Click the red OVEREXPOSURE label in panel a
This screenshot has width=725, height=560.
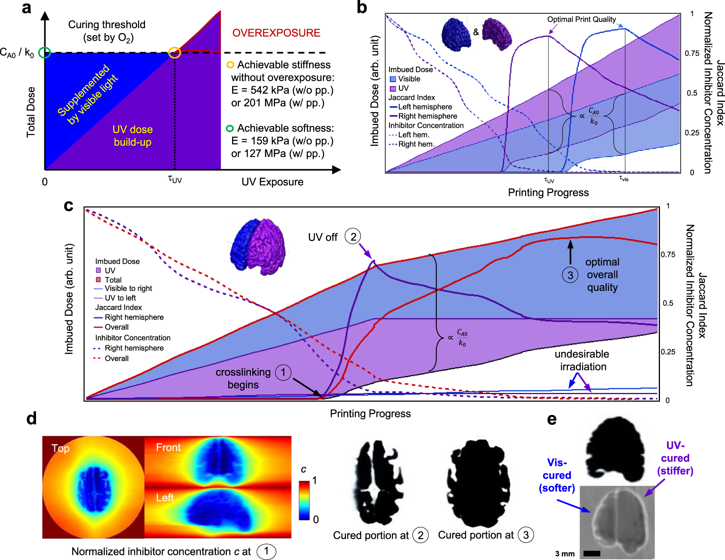coord(276,33)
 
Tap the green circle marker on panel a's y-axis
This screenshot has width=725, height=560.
coord(44,53)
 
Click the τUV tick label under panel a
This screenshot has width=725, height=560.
coord(175,179)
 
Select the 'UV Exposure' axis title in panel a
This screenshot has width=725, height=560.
coord(272,182)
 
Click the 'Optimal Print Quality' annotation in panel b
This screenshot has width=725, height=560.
coord(581,19)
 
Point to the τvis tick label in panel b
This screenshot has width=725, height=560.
coord(623,179)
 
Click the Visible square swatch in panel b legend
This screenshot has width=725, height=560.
coord(393,79)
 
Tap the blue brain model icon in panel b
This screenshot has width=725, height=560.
coord(456,34)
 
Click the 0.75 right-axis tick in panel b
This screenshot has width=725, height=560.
coord(691,53)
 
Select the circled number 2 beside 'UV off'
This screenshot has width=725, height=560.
coord(353,237)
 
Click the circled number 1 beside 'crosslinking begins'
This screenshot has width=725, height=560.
coord(283,372)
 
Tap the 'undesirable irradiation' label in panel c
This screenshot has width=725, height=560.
coord(582,360)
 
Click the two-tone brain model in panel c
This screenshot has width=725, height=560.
coord(258,247)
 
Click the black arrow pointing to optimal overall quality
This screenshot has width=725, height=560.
coord(570,252)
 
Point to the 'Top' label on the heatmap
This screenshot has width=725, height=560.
coord(60,448)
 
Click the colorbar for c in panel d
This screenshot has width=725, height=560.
coord(304,500)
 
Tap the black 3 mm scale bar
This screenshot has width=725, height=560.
coord(592,553)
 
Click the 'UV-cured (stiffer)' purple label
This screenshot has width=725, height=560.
coord(675,458)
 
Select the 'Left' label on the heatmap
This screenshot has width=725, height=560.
coord(164,498)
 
